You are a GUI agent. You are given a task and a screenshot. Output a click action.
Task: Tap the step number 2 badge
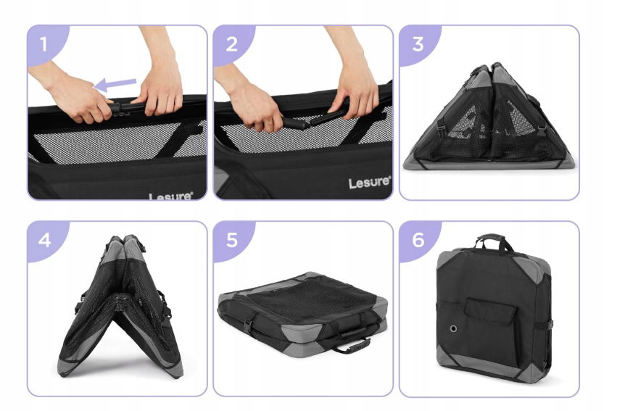click(x=231, y=43)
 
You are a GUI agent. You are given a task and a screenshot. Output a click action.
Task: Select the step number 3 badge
click(x=418, y=43)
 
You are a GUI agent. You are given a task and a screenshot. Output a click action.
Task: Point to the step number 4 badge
click(x=45, y=239)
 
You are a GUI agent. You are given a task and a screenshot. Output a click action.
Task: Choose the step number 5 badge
click(x=231, y=239)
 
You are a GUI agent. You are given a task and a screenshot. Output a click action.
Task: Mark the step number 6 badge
click(x=418, y=239)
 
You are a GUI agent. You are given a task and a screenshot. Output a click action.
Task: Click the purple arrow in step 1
click(x=115, y=84)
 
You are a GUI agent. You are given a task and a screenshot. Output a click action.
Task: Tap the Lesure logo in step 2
click(x=370, y=183)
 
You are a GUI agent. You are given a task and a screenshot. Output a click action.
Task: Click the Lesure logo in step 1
click(x=171, y=196)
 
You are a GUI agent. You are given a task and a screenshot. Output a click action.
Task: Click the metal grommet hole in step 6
click(x=453, y=328)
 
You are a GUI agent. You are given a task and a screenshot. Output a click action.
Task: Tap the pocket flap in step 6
click(x=490, y=310)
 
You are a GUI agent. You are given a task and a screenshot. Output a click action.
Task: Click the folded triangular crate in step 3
click(x=489, y=117)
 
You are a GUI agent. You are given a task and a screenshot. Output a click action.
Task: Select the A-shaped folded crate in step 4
click(x=120, y=306)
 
